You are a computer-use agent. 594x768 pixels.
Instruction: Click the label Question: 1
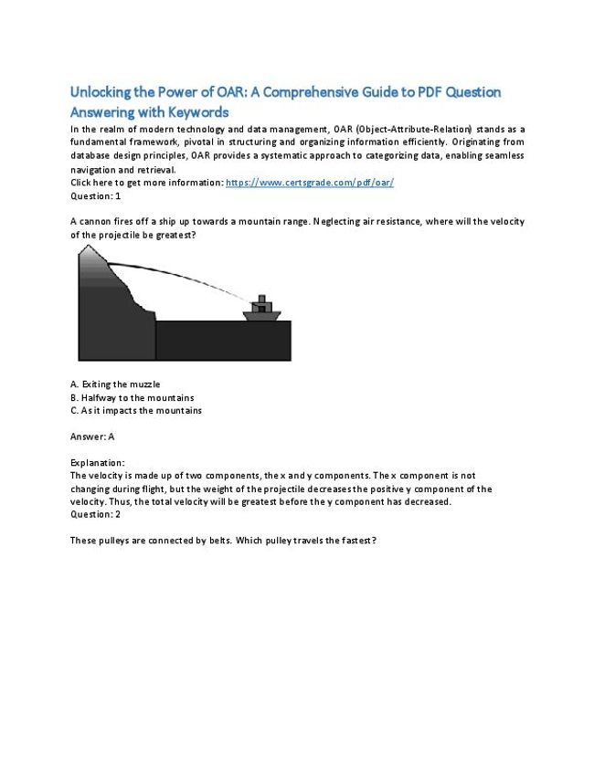click(x=95, y=195)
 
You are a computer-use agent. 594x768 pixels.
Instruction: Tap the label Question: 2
click(x=95, y=514)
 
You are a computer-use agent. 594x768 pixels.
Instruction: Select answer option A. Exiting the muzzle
click(x=114, y=384)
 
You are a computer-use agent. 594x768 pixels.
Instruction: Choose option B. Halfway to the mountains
click(x=132, y=397)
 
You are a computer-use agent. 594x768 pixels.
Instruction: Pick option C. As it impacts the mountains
click(x=135, y=410)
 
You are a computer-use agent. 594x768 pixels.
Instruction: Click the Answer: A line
click(x=92, y=437)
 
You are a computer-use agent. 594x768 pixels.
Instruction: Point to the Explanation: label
click(x=98, y=463)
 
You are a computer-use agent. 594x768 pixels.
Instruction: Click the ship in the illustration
click(x=261, y=310)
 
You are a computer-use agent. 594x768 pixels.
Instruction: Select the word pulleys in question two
click(x=111, y=541)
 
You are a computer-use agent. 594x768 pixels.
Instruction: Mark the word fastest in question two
click(x=355, y=541)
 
